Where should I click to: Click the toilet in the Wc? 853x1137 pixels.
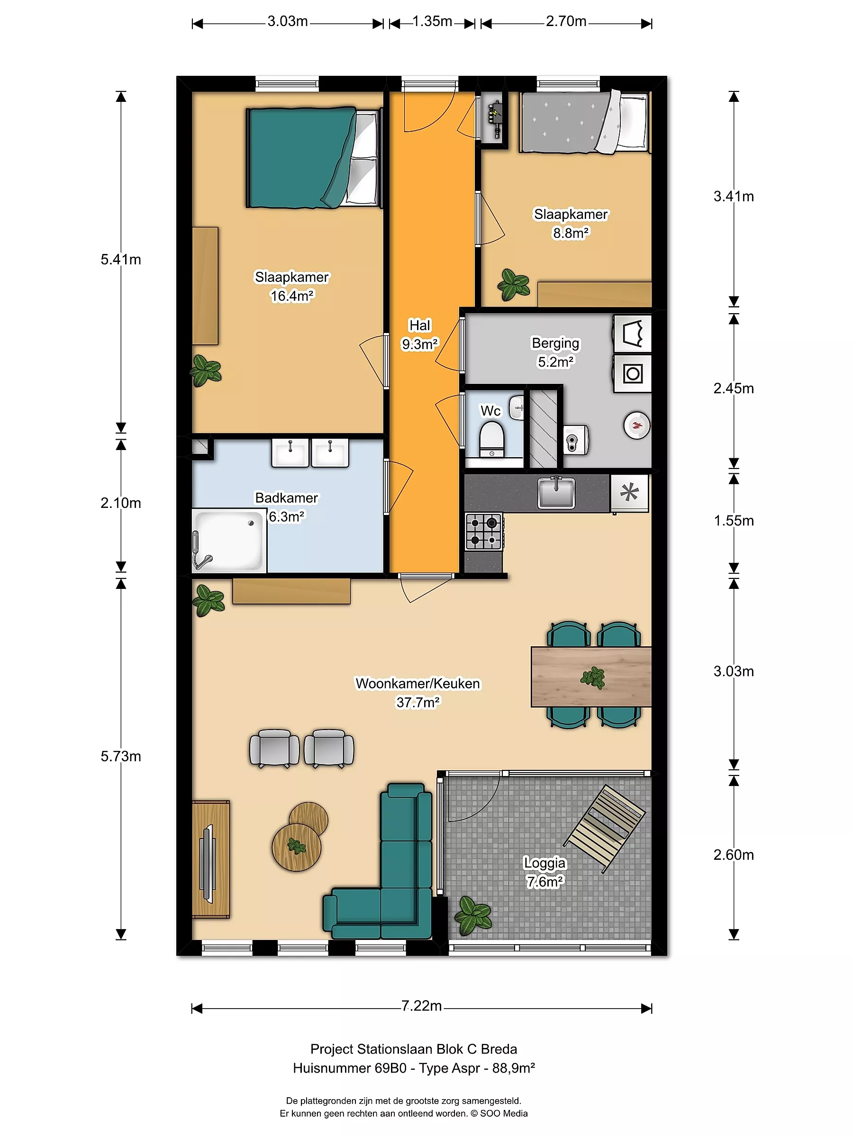491,439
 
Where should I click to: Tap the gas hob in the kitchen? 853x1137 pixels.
483,532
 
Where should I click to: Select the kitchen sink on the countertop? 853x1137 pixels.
556,492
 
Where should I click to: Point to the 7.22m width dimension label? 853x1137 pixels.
422,1006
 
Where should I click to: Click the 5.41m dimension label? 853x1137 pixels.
121,260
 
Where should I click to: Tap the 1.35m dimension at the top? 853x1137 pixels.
432,22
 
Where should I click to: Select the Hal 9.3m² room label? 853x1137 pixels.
420,334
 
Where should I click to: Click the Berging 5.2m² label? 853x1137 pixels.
555,352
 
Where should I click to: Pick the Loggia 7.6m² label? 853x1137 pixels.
544,872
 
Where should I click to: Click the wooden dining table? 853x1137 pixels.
591,677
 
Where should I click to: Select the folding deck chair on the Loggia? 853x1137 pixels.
605,828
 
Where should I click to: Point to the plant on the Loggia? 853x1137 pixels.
473,915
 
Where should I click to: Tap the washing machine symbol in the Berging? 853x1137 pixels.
633,374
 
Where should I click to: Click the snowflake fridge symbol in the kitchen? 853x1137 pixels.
629,492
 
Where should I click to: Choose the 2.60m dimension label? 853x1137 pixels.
733,855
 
